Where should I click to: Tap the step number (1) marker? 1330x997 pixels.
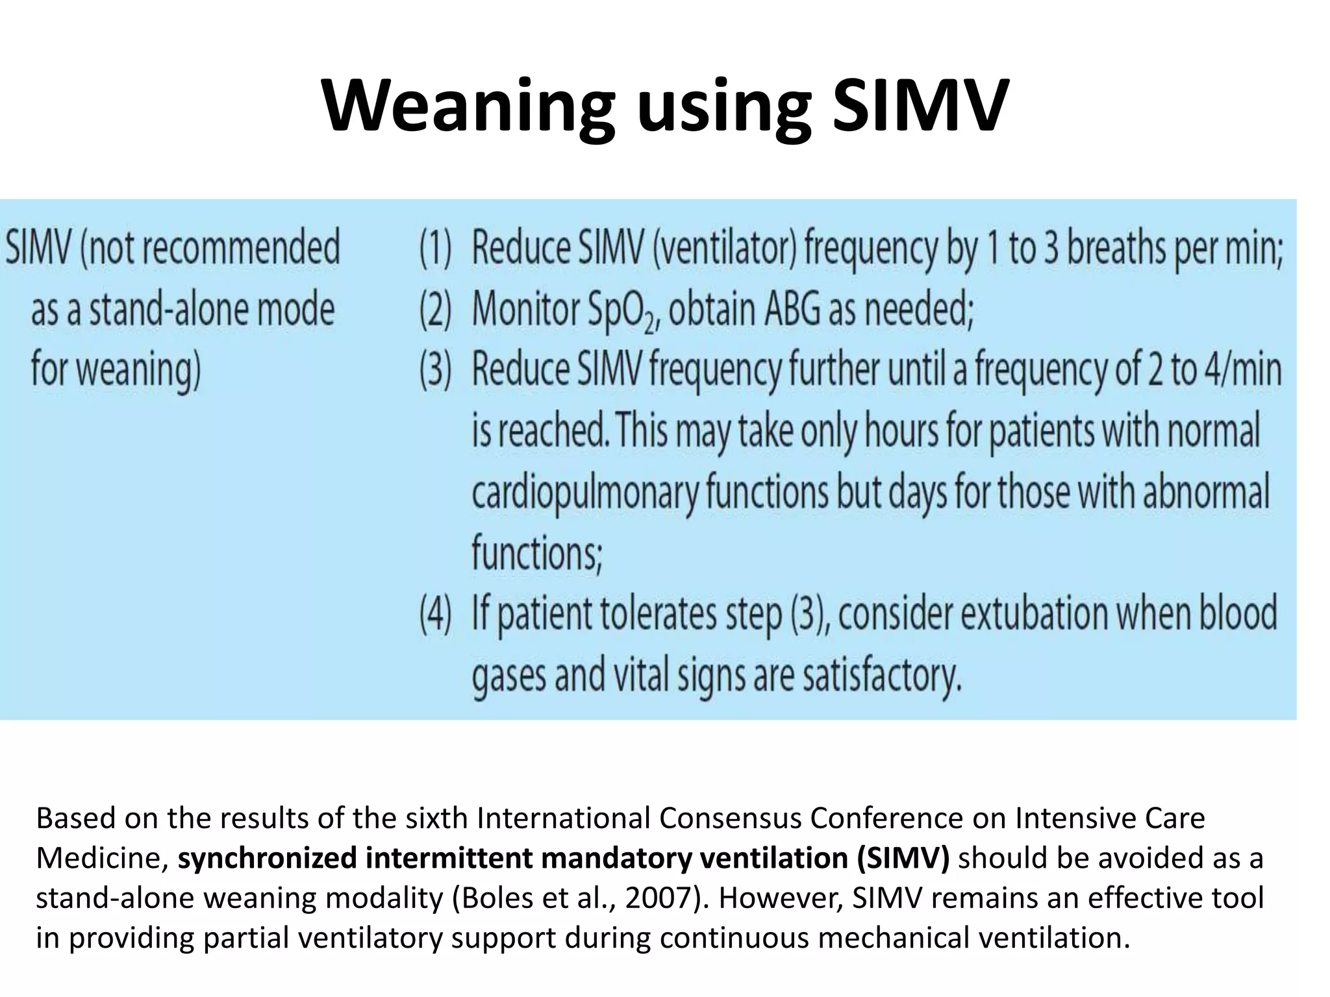435,250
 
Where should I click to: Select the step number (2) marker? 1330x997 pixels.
435,310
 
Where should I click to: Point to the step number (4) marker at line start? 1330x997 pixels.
435,615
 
